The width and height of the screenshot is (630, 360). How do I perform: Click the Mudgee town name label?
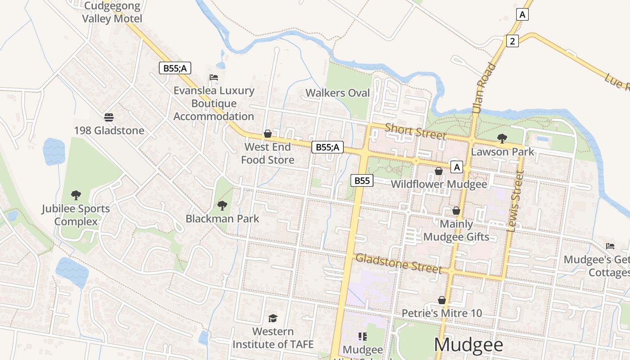tap(468, 345)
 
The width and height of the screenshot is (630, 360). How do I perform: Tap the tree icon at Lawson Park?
tap(502, 139)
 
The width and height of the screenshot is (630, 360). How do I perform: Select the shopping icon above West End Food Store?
tap(268, 134)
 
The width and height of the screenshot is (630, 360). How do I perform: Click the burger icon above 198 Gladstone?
tap(108, 117)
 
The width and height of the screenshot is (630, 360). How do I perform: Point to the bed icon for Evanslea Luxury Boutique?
tap(214, 77)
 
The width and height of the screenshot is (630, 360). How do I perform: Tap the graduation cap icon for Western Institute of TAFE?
tap(273, 319)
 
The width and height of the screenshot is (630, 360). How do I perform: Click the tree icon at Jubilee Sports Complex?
tap(76, 195)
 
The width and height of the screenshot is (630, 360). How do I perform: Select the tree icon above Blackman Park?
tap(222, 206)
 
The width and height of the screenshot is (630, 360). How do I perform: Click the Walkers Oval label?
tap(337, 93)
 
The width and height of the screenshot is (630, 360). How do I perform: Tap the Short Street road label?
tap(416, 131)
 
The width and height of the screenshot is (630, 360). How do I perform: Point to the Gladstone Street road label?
tap(398, 263)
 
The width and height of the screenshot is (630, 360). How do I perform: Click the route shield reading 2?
tap(512, 41)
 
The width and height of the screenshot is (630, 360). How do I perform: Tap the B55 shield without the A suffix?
tap(362, 180)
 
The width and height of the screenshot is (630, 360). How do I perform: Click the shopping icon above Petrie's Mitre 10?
tap(441, 300)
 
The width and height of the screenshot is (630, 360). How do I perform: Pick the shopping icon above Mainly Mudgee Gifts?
tap(456, 211)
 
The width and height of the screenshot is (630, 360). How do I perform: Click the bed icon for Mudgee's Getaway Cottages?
tap(610, 246)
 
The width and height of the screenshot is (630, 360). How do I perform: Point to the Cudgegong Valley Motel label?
tap(112, 13)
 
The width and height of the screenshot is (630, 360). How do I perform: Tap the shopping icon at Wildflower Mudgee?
tap(438, 171)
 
